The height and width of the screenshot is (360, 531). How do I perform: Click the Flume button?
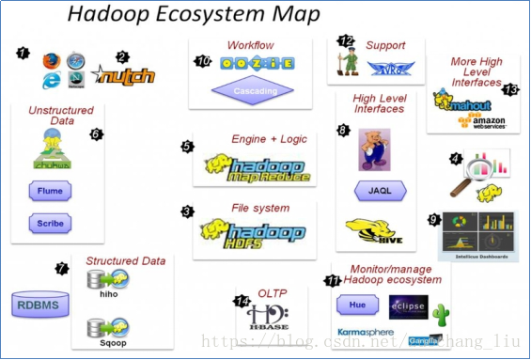(x=50, y=191)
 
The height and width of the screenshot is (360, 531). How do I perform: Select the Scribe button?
(x=50, y=225)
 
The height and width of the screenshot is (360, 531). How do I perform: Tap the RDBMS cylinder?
(x=37, y=305)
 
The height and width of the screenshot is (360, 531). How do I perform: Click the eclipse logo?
(x=409, y=305)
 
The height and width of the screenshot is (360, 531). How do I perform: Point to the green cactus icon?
(x=443, y=311)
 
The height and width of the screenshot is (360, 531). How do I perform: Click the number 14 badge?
(x=242, y=302)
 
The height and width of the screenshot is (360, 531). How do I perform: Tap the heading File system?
(x=259, y=208)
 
